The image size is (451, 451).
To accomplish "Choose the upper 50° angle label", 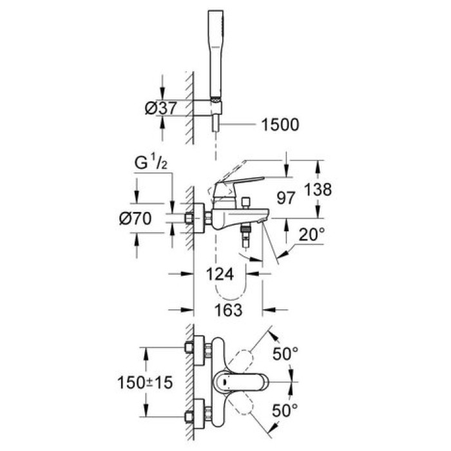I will point(285,354).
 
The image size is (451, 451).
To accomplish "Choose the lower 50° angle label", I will point(285,408).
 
